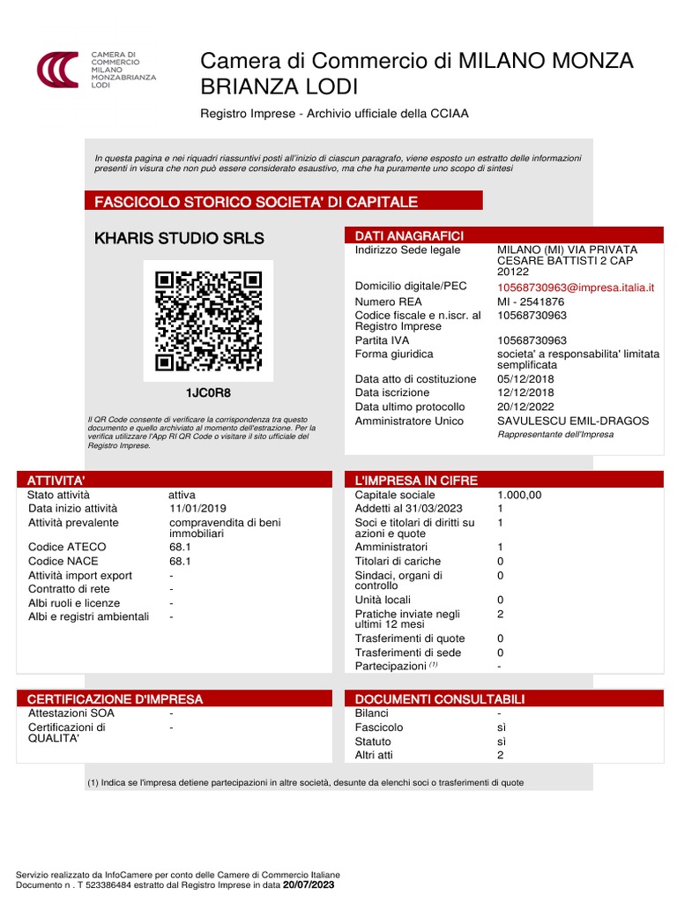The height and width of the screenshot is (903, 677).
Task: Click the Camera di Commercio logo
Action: coord(57,68)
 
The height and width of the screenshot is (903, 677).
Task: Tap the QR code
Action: coord(208,321)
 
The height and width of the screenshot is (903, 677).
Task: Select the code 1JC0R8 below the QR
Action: coord(208,392)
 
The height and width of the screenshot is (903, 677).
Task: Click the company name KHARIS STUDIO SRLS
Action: coord(179,238)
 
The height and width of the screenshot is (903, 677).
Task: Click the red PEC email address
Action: coord(576,287)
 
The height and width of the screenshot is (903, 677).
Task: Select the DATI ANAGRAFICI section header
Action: coord(409,235)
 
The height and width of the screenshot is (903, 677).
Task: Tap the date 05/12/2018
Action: coord(525,379)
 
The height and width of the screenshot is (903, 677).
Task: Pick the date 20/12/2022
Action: coord(525,407)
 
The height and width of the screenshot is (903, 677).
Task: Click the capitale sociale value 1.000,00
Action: coord(519,495)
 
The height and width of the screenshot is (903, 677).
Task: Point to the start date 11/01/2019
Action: coord(197,508)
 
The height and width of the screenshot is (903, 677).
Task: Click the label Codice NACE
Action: coord(63,561)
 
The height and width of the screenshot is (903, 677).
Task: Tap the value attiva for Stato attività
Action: coord(182,495)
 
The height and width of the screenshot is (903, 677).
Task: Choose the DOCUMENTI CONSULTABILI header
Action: coord(439,699)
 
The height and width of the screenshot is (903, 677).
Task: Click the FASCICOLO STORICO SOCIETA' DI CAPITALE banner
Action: coord(256,202)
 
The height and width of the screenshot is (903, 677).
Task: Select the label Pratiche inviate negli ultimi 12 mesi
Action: coord(407,618)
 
